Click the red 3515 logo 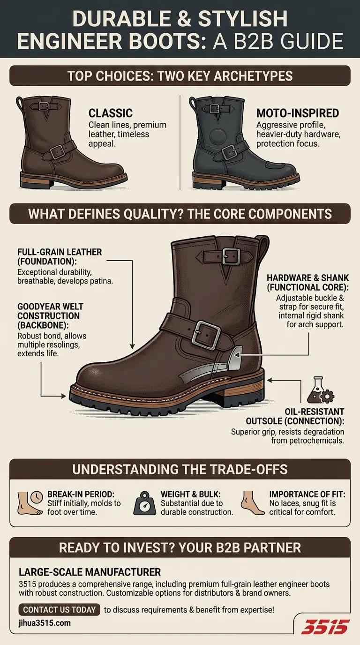325,627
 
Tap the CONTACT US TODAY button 60,609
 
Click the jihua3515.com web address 45,623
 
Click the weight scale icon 144,503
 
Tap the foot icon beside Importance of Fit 252,503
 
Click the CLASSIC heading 111,113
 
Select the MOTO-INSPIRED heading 298,113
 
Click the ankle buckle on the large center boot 206,336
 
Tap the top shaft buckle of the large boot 231,256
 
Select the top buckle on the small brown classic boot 44,106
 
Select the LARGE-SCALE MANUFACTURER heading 90,572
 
